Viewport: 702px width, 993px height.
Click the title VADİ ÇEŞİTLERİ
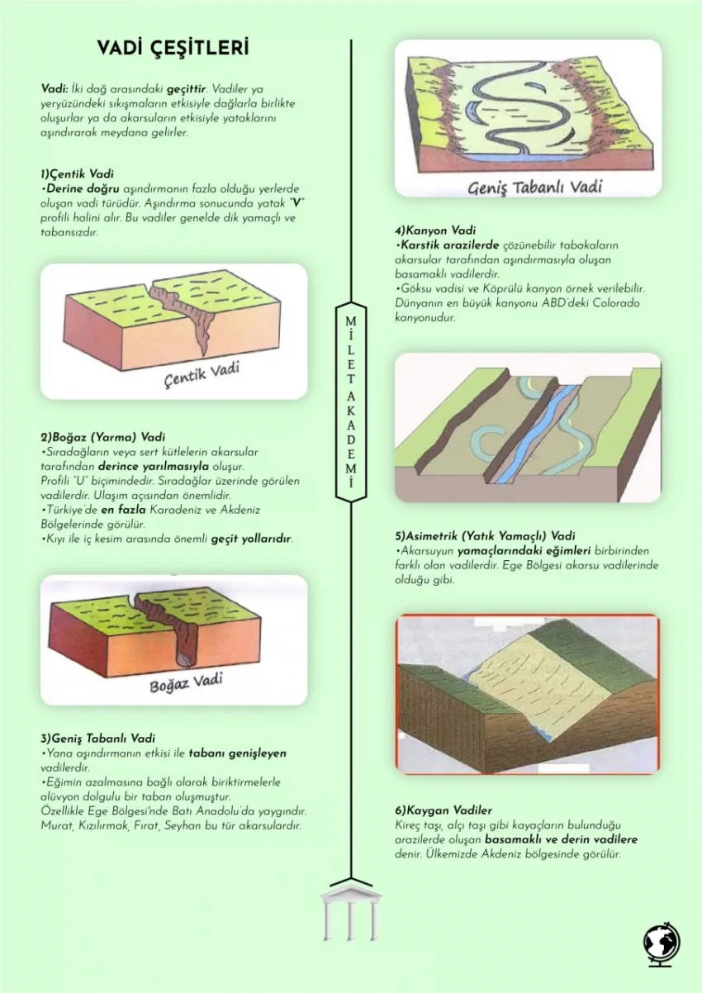tap(173, 48)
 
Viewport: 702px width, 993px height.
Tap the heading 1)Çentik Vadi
tap(77, 173)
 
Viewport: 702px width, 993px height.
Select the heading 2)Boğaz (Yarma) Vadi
tap(102, 437)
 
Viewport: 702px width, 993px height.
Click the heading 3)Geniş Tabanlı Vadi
tap(98, 739)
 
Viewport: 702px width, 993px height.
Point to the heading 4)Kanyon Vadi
tap(435, 230)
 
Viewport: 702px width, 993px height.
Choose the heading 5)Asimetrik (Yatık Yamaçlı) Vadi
tap(486, 536)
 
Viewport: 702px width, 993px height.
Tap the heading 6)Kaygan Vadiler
tap(443, 810)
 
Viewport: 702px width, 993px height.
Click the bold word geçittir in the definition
tap(186, 89)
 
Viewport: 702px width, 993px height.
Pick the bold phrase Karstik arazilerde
tap(450, 245)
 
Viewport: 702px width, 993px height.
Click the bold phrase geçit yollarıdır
tap(251, 539)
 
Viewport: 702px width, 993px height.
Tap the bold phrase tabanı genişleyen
tap(238, 753)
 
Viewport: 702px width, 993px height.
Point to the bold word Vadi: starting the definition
tap(55, 88)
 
